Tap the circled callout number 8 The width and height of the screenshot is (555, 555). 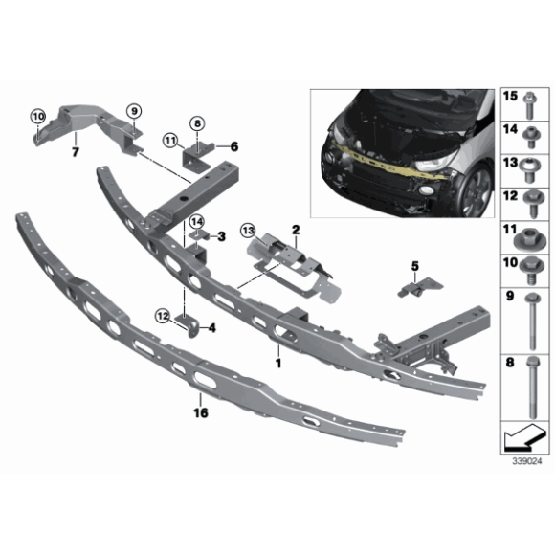(198, 123)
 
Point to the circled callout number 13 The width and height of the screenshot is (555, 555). (248, 230)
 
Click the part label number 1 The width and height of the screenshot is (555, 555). (278, 363)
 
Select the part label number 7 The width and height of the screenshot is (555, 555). (74, 150)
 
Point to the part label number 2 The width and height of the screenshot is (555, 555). (297, 230)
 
